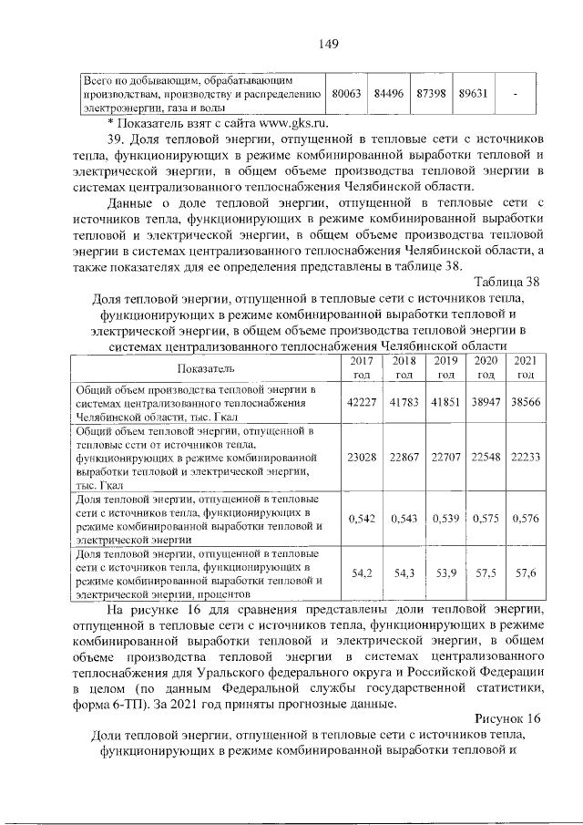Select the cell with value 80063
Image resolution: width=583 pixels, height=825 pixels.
pos(347,94)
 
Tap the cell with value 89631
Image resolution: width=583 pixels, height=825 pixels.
pos(475,94)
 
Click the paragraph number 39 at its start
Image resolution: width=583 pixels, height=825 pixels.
pos(117,140)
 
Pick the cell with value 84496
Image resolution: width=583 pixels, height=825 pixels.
pos(390,94)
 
